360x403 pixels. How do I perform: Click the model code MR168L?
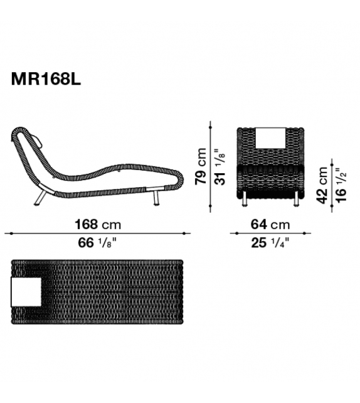point(46,79)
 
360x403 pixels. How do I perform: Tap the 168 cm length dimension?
point(98,224)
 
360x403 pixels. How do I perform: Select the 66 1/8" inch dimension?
point(97,243)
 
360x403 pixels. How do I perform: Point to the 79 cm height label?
point(201,166)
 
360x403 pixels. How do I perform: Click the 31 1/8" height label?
point(220,166)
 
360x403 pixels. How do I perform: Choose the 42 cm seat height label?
point(322,185)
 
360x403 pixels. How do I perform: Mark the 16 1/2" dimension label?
point(342,185)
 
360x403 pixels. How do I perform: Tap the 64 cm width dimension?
point(270,224)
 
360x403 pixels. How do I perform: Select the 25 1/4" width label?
point(270,243)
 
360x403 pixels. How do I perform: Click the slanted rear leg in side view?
point(41,197)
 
